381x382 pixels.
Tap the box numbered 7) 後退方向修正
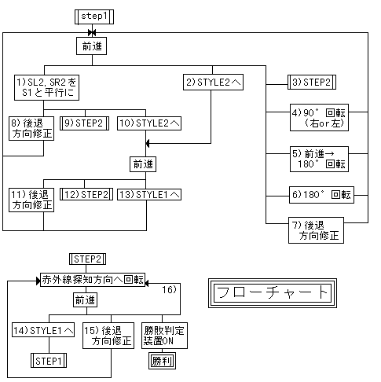318,230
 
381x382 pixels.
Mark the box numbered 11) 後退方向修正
31,200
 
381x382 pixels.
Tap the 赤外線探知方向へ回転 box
93,278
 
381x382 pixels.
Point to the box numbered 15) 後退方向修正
109,337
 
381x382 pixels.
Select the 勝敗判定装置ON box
163,337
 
